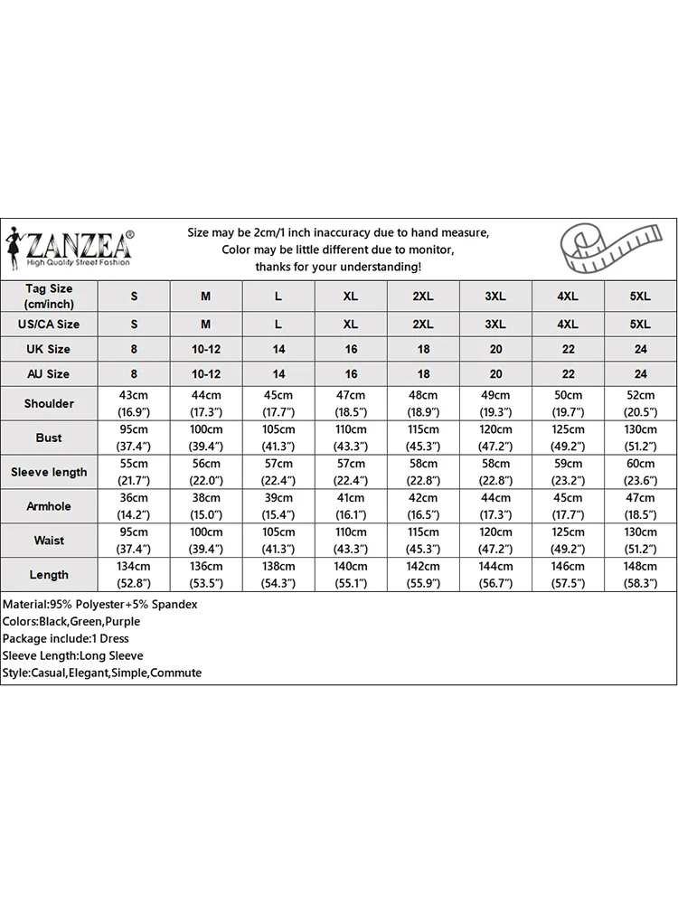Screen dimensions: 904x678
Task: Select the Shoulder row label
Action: click(49, 403)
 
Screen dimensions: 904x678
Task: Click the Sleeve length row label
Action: click(49, 472)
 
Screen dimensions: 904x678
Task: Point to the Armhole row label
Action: click(49, 506)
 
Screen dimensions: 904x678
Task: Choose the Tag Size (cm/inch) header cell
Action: click(49, 296)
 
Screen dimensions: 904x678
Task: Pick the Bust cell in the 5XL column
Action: click(641, 438)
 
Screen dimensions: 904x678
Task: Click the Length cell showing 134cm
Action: click(135, 575)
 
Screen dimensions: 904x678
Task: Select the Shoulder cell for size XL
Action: click(351, 403)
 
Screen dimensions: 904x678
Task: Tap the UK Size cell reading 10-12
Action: click(206, 349)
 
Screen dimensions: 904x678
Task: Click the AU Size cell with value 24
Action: click(641, 373)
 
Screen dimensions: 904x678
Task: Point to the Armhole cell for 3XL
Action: click(495, 506)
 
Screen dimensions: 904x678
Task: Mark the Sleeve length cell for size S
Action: click(135, 472)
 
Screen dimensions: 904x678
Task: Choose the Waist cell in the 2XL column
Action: click(423, 541)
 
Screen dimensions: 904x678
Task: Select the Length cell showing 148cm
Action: click(641, 575)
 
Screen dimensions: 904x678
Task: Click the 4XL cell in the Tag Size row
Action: click(568, 297)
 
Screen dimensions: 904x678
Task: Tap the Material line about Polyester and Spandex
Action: click(100, 604)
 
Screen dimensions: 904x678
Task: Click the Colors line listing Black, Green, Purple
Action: click(71, 621)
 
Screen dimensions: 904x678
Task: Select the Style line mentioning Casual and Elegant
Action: click(101, 673)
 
